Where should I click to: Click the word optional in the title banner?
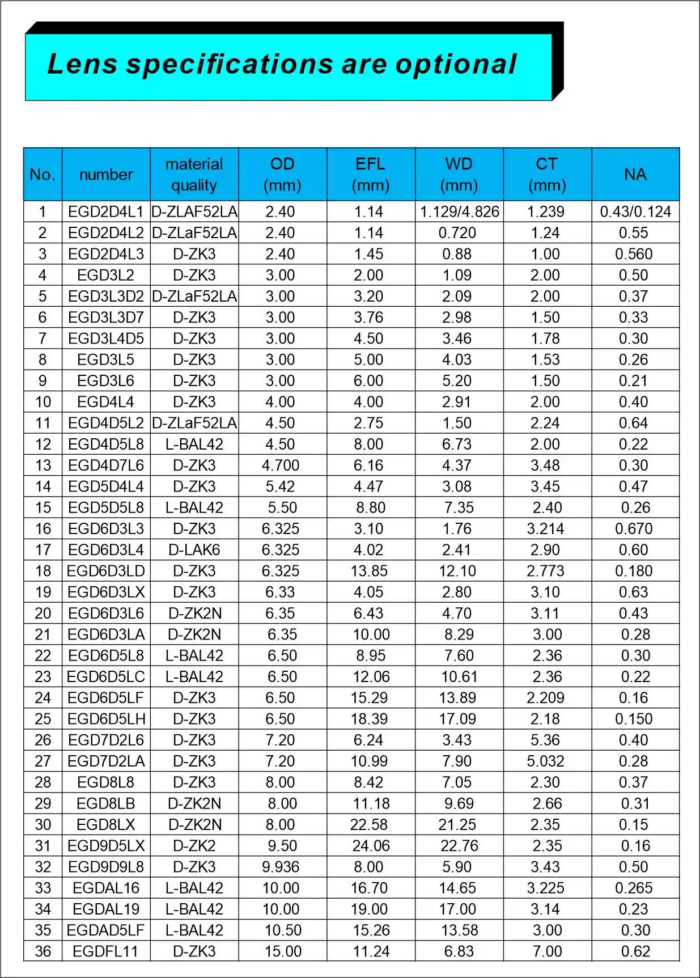(x=456, y=64)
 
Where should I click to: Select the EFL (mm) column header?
(x=371, y=174)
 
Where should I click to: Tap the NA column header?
(x=635, y=174)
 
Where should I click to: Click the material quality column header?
(x=194, y=174)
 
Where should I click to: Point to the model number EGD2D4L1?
(x=106, y=212)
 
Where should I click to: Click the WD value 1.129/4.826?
(x=459, y=212)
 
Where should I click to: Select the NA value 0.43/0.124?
(x=635, y=212)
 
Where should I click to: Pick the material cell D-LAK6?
(x=194, y=550)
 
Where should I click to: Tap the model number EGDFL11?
(x=105, y=951)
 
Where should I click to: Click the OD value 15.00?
(x=283, y=951)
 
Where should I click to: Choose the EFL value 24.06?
(x=371, y=846)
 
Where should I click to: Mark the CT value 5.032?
(x=545, y=761)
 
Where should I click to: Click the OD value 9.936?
(x=281, y=867)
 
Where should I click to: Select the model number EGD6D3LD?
(x=106, y=571)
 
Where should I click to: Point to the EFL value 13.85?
(x=369, y=571)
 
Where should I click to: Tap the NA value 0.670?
(x=634, y=529)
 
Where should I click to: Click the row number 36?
(x=43, y=951)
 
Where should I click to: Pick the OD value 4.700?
(x=281, y=465)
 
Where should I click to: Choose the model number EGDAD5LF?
(x=106, y=930)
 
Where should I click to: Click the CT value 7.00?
(x=547, y=951)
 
